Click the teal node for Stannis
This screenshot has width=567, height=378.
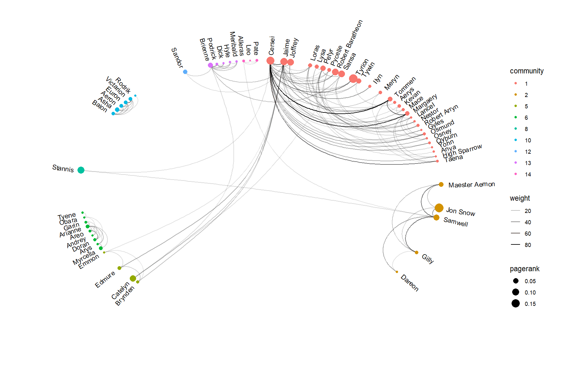tap(81, 170)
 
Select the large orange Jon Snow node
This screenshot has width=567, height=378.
tap(439, 208)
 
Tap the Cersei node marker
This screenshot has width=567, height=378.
tap(270, 60)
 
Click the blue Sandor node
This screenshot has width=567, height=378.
tap(185, 72)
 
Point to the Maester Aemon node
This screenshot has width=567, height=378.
tap(441, 185)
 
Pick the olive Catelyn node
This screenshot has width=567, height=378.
tap(133, 278)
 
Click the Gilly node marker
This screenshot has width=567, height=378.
tap(416, 252)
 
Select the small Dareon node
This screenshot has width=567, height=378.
tap(397, 272)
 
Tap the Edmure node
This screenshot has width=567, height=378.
tap(119, 268)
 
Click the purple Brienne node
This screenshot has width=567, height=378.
tap(210, 65)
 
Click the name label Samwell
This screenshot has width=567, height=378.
tap(455, 222)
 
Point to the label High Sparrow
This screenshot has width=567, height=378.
tap(462, 151)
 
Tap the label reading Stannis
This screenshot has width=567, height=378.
tap(63, 169)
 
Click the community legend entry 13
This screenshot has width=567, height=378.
tap(528, 163)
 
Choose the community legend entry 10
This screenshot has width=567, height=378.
tap(528, 140)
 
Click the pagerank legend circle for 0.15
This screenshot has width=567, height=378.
tap(516, 304)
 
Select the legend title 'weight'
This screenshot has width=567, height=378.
tap(520, 198)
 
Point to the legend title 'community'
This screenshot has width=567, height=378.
tap(527, 71)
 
